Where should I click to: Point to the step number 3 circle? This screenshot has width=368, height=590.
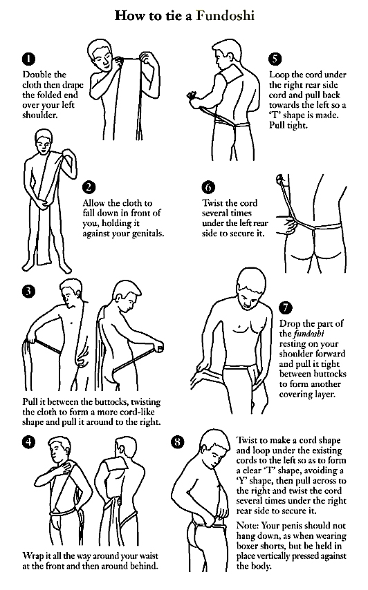(x=28, y=291)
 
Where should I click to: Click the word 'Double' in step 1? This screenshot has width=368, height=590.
(x=37, y=75)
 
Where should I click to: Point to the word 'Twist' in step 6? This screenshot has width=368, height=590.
(x=214, y=203)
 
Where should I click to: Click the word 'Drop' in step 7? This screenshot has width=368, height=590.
(x=291, y=323)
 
